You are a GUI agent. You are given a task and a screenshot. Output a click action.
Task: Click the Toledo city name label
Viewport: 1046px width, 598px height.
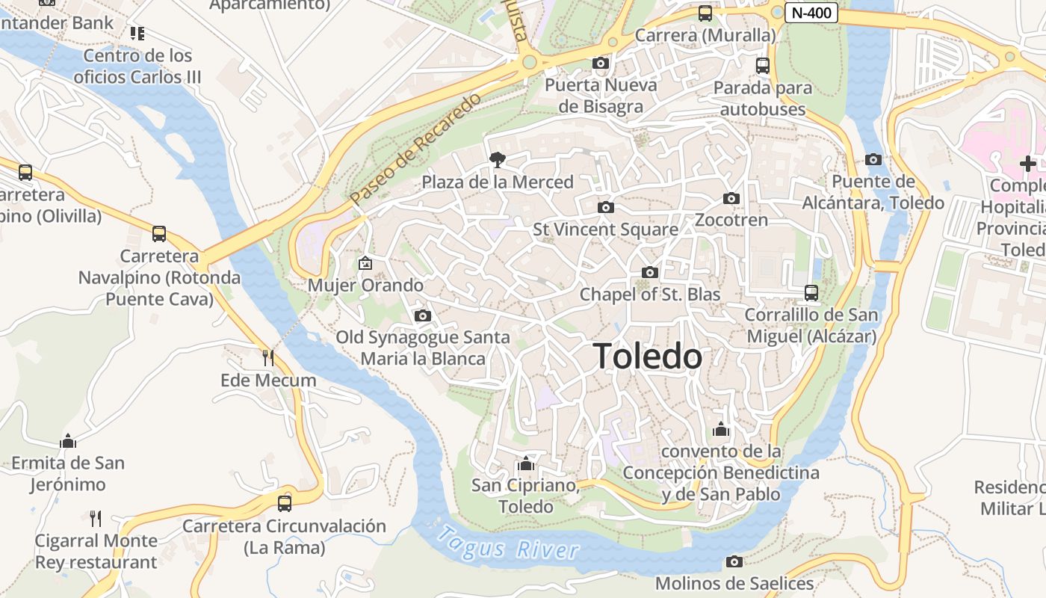648,357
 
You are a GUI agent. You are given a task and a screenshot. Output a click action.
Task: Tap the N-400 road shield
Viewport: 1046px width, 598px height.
811,13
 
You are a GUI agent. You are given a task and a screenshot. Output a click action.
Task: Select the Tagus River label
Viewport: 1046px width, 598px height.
507,544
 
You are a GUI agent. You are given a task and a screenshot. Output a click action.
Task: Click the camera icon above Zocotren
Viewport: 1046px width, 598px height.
731,198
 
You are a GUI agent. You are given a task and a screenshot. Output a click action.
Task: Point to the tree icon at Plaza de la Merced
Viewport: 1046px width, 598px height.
496,159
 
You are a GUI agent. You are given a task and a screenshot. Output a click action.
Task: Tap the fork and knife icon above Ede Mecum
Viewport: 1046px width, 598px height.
268,358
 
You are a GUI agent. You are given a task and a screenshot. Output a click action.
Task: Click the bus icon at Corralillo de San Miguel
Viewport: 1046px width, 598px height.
811,292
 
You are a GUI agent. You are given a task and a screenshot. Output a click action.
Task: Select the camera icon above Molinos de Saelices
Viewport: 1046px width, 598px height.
734,561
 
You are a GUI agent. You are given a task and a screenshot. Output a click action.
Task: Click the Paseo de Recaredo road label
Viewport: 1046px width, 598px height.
415,149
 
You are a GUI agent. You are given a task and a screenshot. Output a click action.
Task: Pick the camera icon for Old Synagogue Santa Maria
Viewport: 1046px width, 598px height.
423,315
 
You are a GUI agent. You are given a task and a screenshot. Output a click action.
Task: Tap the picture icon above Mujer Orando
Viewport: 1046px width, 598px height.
365,263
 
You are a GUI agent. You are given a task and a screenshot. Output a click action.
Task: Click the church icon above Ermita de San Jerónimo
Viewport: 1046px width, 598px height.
68,441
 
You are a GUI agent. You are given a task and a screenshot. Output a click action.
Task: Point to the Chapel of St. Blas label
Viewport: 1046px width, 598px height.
650,295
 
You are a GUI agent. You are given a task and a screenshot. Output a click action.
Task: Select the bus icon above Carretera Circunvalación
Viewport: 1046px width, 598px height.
285,503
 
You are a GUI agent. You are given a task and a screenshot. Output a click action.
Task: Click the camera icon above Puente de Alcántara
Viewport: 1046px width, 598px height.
873,159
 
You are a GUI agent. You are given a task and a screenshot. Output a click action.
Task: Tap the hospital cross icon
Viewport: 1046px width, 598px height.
1027,163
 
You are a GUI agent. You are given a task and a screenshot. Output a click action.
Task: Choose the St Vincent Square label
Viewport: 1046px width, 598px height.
605,229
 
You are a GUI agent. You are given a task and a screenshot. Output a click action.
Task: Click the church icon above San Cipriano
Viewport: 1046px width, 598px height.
526,463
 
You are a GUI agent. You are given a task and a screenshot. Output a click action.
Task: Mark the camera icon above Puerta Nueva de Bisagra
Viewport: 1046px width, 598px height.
600,64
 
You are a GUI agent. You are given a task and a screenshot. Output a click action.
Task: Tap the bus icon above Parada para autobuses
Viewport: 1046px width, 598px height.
762,66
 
